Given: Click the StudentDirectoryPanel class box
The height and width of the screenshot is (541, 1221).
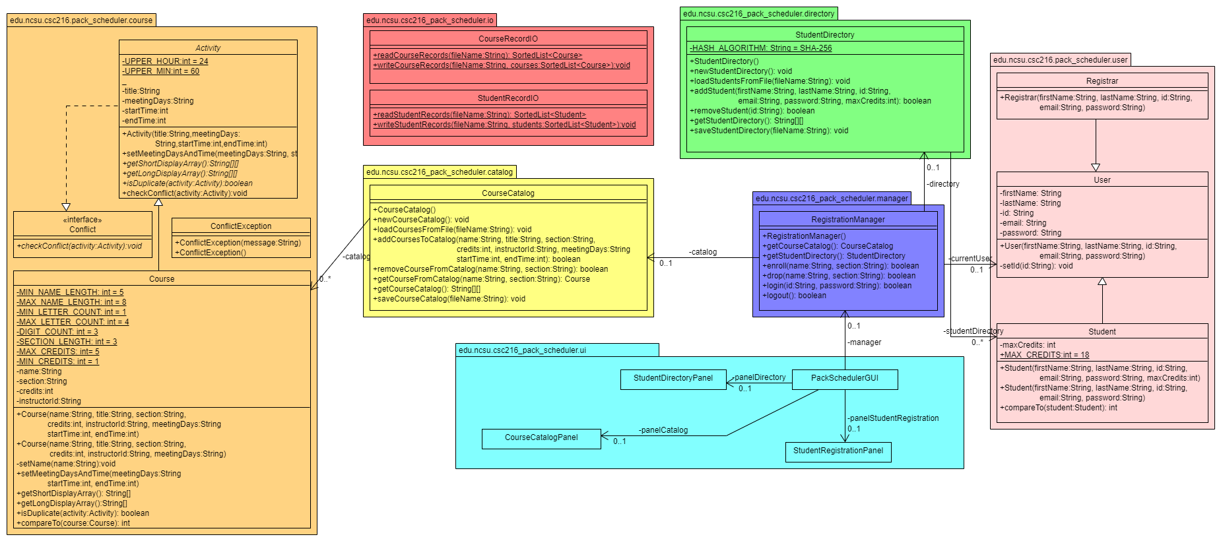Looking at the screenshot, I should click(673, 379).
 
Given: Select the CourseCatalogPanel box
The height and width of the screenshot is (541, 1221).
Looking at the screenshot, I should click(541, 438).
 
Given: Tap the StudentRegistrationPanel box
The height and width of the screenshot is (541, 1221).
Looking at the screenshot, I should click(838, 451).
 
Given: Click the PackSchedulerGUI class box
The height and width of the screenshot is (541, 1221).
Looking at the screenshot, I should click(845, 379).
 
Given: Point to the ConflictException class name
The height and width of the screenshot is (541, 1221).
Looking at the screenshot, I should click(241, 226).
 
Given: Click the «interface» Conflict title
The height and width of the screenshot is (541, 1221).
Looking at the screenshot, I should click(82, 225).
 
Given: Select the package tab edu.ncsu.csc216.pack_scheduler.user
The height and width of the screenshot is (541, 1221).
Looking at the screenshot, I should click(1061, 60).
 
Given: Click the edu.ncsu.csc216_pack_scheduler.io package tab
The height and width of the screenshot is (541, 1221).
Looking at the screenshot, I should click(430, 20).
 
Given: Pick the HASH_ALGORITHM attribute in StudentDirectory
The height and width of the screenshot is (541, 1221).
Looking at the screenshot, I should click(760, 48).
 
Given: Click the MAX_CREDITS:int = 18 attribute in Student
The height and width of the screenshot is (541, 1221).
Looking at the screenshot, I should click(1044, 355).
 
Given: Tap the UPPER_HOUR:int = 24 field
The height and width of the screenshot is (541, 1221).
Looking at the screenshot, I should click(165, 61).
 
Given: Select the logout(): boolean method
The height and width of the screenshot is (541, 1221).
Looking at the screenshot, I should click(794, 296).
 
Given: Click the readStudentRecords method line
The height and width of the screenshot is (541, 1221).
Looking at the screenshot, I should click(479, 115).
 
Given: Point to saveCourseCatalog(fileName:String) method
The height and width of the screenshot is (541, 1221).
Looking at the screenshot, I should click(449, 299).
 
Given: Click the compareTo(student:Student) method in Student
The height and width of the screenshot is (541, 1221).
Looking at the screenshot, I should click(1058, 408).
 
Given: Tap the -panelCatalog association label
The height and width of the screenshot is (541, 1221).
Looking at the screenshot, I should click(663, 430).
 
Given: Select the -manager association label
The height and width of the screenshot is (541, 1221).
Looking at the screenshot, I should click(864, 342).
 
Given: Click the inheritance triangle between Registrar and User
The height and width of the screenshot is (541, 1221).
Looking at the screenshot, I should click(1096, 168).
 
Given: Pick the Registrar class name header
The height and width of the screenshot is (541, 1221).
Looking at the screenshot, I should click(1102, 81).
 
